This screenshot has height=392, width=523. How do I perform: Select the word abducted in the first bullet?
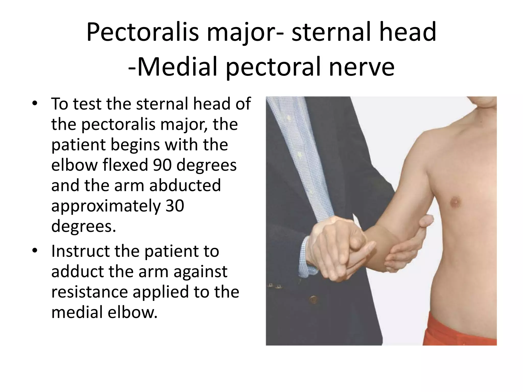[185, 185]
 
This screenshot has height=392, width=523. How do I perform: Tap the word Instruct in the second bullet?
[81, 251]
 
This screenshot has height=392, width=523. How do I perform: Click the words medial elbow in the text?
[104, 312]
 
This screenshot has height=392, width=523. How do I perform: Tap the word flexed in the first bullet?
[123, 165]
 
